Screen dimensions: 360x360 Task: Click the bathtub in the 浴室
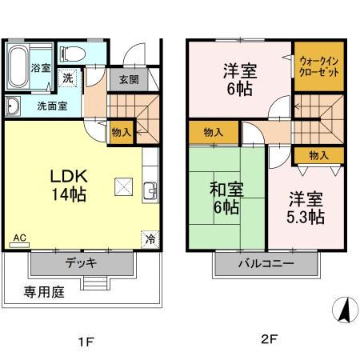tap(18, 67)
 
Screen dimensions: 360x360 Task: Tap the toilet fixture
tap(73, 54)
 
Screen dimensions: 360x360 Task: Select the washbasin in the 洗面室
tap(13, 106)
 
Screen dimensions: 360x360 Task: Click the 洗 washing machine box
tap(67, 78)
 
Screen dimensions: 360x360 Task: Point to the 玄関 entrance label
tap(129, 79)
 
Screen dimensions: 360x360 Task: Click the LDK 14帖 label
tap(69, 185)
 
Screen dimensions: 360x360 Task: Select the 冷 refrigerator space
tap(150, 239)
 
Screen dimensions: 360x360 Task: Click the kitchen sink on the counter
tap(150, 191)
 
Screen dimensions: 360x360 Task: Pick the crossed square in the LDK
tap(124, 186)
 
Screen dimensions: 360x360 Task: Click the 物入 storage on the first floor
tap(122, 132)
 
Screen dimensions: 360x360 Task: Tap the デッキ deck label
tap(81, 263)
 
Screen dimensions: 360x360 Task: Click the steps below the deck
tap(95, 283)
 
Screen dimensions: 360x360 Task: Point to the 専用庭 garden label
tap(44, 292)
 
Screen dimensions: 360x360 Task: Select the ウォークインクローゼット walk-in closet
tap(319, 66)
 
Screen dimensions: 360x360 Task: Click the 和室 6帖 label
tap(226, 198)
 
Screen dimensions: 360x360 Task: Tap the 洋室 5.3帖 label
tap(306, 207)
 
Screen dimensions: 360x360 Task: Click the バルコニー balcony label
tap(266, 264)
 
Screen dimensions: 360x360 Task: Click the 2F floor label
tap(270, 339)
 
